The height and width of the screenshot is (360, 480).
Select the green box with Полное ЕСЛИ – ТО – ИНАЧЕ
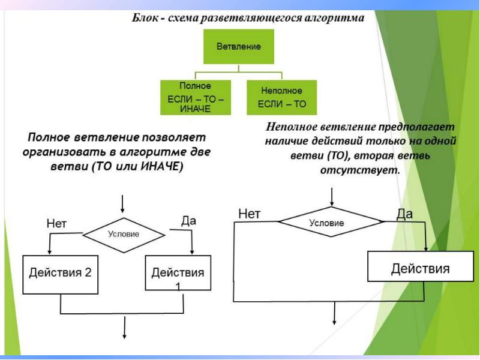(197, 97)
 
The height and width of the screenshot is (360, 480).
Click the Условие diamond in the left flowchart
(124, 234)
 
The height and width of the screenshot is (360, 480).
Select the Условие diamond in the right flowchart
(326, 223)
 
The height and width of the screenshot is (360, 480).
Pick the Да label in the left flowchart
(189, 221)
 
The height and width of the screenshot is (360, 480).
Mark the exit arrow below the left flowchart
(125, 327)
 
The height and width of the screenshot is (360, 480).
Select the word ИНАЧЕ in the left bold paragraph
(162, 167)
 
